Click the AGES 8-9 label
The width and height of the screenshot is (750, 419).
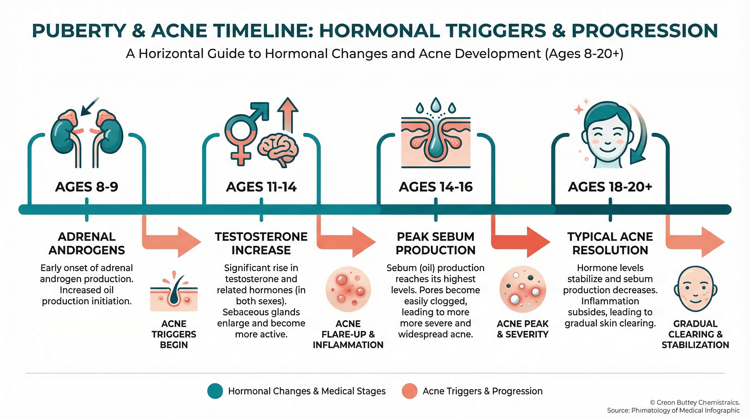pos(86,187)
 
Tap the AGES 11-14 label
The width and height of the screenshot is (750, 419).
pos(261,187)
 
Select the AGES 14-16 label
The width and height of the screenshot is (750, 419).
pos(436,187)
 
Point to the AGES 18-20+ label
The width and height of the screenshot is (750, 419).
pos(610,187)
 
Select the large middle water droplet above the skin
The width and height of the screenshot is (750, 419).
pos(436,104)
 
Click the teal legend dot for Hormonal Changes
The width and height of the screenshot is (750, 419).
pos(215,391)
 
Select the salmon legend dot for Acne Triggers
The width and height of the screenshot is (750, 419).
pos(410,391)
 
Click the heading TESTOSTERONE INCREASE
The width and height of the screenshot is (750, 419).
pos(261,243)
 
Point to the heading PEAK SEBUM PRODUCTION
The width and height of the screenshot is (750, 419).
pos(436,243)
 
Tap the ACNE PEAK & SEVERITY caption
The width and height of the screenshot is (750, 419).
pos(523,329)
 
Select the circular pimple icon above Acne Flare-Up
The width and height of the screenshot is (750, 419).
pos(348,289)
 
